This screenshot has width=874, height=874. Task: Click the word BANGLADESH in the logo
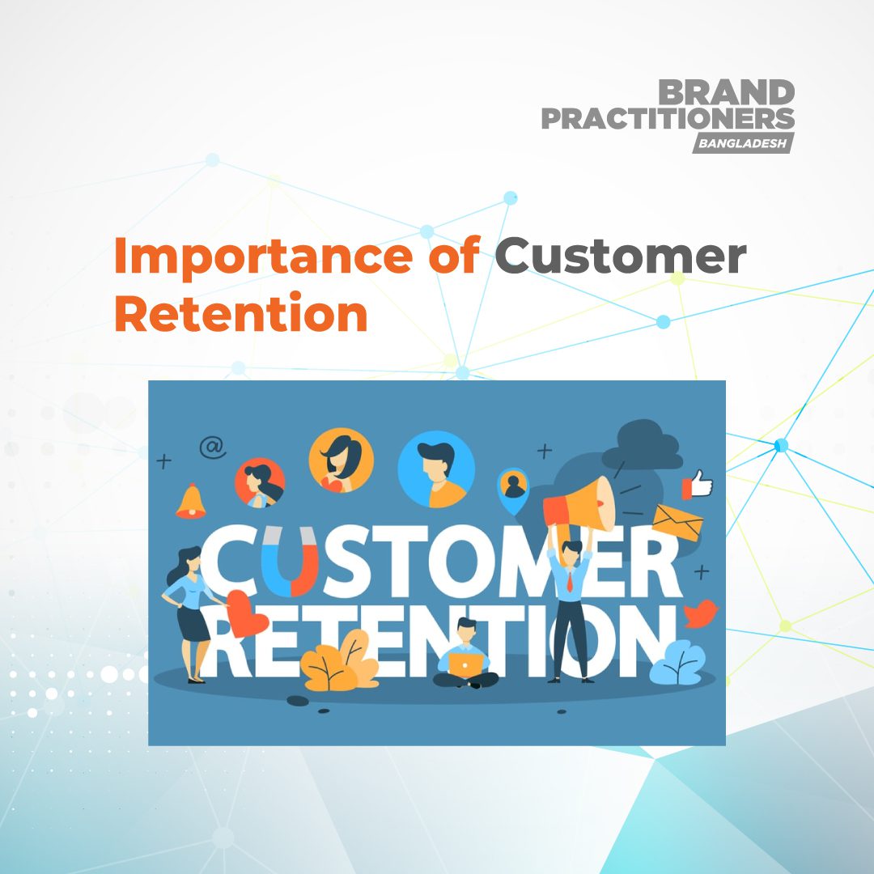742,142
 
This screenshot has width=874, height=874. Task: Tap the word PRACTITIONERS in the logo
668,119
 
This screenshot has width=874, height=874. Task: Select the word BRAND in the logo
726,92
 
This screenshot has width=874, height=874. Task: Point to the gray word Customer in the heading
620,257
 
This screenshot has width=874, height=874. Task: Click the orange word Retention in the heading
241,315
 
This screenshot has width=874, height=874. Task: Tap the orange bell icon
191,501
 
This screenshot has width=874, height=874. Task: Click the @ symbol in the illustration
213,447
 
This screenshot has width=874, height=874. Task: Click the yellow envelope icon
678,523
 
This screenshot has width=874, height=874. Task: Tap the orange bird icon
701,613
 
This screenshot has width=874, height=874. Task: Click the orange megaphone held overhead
578,502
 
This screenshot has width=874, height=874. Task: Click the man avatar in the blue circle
436,469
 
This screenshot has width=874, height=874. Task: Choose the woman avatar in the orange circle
341,460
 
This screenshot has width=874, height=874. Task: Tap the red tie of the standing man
571,579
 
